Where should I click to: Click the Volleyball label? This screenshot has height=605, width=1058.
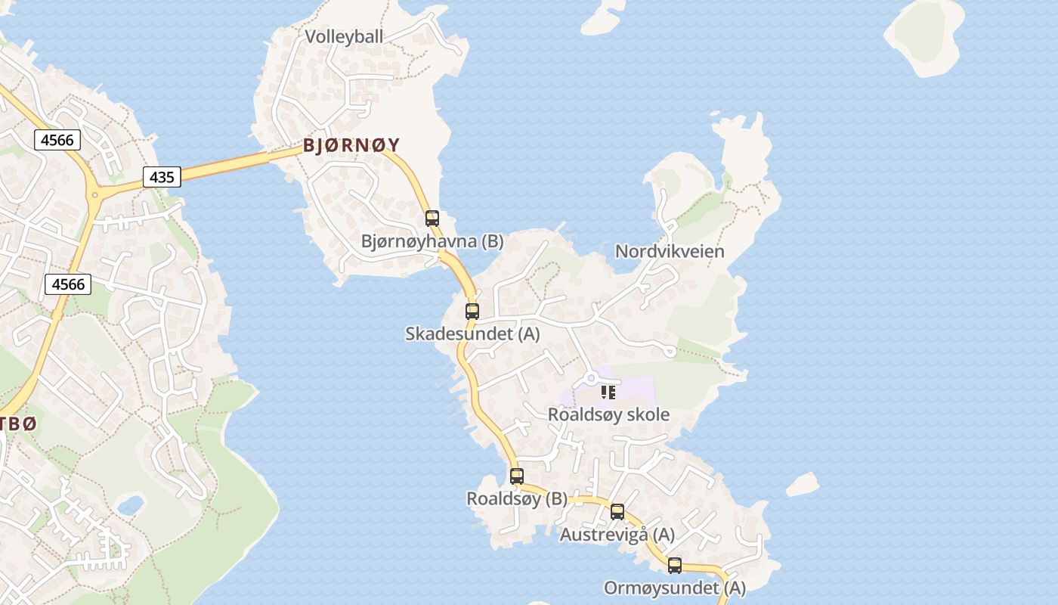344,36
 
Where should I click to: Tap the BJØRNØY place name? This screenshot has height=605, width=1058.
351,145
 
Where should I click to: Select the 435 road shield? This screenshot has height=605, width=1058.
162,178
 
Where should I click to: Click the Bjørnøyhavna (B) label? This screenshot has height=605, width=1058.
432,241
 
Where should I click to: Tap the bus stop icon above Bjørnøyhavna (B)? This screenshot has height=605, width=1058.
432,219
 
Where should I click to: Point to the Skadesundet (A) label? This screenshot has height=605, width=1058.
472,334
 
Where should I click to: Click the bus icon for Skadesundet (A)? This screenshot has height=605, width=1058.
472,311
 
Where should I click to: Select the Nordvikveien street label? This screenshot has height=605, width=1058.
670,251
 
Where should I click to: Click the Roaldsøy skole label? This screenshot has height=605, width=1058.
608,414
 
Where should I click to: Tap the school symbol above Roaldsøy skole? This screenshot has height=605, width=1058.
608,392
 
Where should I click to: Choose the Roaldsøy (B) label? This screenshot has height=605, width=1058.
517,499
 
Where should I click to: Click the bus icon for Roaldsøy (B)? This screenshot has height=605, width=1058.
517,476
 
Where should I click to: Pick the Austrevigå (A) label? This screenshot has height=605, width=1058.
617,535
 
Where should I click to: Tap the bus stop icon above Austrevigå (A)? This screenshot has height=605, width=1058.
617,512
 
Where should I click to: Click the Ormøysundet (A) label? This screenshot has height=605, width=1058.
674,588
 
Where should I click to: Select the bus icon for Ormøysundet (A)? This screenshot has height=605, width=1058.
674,565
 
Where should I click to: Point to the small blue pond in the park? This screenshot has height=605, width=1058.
130,504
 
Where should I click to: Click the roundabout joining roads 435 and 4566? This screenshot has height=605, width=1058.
96,194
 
